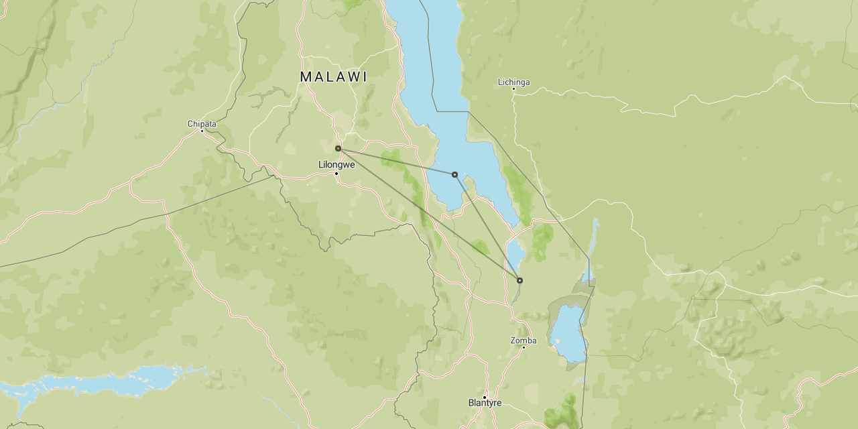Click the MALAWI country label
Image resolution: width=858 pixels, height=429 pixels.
(x=333, y=77)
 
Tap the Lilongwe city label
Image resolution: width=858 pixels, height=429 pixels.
(x=336, y=164)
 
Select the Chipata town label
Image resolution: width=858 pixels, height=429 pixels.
(x=202, y=124)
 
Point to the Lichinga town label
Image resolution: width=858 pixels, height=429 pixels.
(x=513, y=82)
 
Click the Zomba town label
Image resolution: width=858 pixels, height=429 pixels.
(x=524, y=341)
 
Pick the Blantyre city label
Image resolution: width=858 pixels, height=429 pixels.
(x=485, y=404)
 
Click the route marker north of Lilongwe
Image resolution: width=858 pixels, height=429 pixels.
(x=339, y=148)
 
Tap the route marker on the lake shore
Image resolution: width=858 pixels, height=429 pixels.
(x=454, y=174)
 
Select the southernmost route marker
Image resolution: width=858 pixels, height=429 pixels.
(x=519, y=280)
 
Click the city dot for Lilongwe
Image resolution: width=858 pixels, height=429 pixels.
(x=336, y=174)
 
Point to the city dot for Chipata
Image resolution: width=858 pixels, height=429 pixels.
(x=202, y=131)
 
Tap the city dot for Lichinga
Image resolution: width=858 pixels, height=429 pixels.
(x=513, y=88)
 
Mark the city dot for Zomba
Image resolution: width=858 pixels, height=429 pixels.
(x=524, y=347)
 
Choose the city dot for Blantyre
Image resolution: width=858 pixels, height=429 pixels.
(x=485, y=397)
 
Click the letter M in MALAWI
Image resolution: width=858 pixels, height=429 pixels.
(x=306, y=77)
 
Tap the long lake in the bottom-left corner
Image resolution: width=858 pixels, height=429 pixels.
(x=101, y=382)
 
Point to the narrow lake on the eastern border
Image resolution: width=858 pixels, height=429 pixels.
(x=590, y=248)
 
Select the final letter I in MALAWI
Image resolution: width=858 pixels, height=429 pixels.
(x=365, y=77)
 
